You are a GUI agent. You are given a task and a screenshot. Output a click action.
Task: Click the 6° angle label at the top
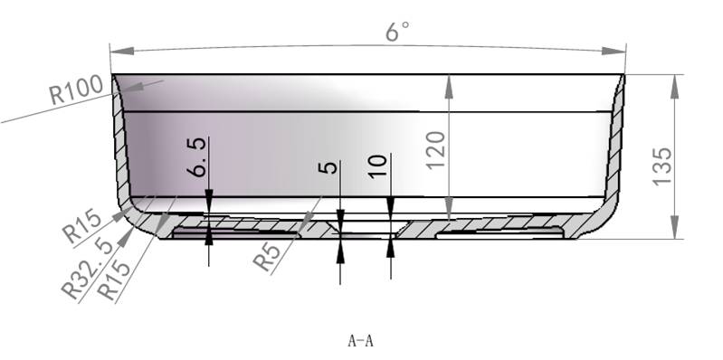click(397, 32)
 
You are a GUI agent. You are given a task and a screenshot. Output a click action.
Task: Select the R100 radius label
click(77, 90)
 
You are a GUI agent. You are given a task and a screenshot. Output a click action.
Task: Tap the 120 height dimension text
click(436, 150)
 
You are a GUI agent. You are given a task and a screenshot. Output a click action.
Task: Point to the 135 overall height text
click(662, 166)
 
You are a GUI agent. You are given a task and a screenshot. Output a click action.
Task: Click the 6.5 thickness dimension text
click(197, 157)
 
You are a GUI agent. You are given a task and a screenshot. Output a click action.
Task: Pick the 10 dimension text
click(378, 166)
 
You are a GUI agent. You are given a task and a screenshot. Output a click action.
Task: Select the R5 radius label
click(267, 257)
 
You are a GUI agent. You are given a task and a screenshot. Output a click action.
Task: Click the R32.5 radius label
click(87, 269)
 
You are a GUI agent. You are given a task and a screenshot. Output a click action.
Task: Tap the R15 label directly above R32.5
click(82, 226)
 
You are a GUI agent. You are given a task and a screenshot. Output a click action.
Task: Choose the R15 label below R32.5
click(114, 279)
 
